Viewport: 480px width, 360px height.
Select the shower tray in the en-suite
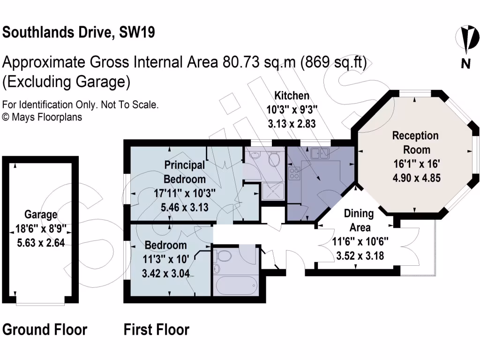coord(272,192)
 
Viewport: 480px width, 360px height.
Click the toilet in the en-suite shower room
coord(274,160)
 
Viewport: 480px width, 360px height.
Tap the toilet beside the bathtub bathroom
coord(224,256)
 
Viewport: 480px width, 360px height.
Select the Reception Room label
coord(415,142)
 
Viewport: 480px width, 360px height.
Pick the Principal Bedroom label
coord(185,172)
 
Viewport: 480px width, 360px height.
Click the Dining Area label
coord(359,220)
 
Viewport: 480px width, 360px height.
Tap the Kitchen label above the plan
coord(292,96)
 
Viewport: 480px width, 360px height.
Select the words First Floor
coord(156,330)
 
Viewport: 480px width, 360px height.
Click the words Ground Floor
coord(45,330)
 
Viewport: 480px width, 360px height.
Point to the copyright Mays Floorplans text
coord(42,117)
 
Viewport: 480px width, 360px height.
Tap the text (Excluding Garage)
coord(66,82)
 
